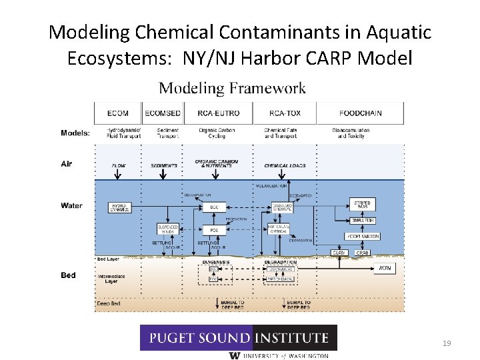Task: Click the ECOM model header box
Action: tap(117, 113)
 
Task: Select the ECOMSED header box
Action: tap(162, 113)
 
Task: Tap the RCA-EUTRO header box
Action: tap(219, 113)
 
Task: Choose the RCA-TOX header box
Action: tap(285, 113)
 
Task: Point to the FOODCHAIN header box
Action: tap(360, 113)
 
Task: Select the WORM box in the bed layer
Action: tap(385, 268)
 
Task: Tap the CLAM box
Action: tap(339, 253)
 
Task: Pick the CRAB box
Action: tap(362, 253)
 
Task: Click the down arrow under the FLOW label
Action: tap(118, 174)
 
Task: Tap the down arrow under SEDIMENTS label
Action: tap(163, 174)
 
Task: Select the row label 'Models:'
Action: tap(75, 133)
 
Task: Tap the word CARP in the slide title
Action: tap(328, 58)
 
